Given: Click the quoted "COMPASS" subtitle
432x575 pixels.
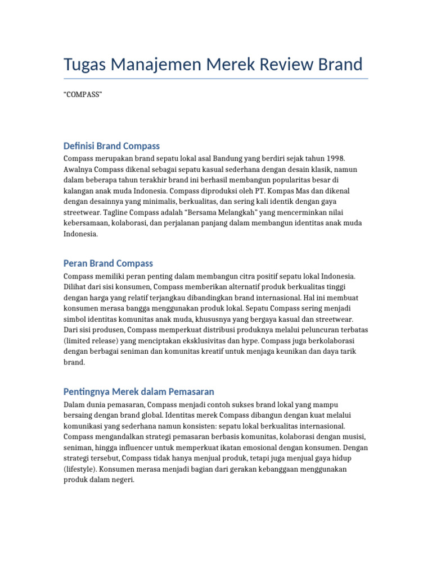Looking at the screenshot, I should tap(83, 94).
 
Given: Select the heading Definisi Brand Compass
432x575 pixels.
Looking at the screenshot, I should tap(111, 146).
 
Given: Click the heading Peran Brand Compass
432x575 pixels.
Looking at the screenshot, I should tap(108, 263).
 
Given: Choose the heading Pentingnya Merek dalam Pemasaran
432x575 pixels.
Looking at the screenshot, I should tap(138, 391).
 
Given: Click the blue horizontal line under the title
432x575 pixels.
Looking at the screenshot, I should tap(216, 79).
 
